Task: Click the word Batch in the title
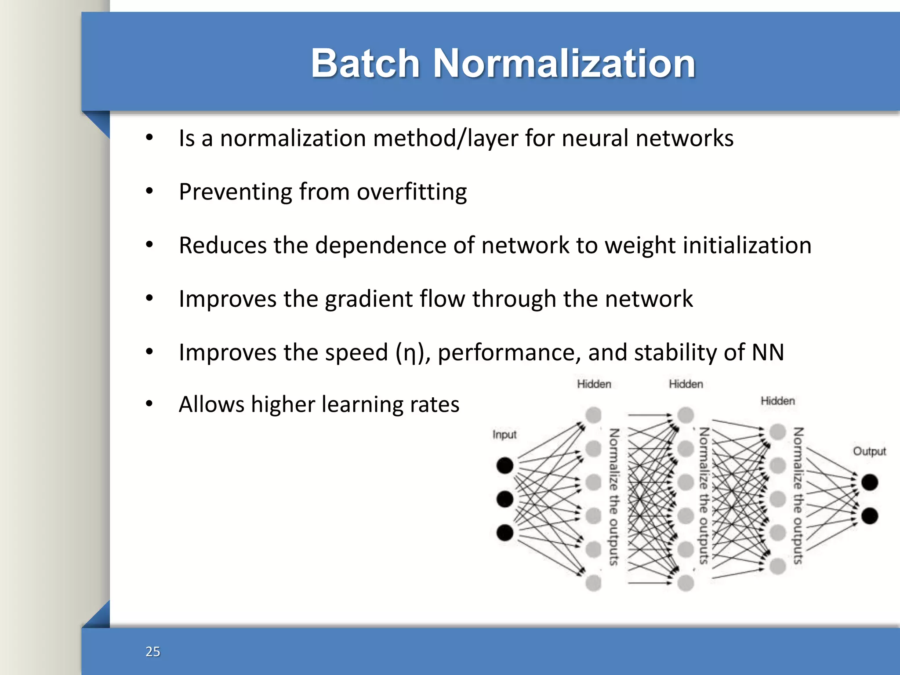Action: click(x=365, y=63)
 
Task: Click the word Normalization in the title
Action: click(x=564, y=63)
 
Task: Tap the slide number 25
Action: click(x=152, y=651)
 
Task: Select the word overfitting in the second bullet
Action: click(x=411, y=192)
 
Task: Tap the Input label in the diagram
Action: click(x=504, y=435)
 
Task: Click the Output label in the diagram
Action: click(x=869, y=451)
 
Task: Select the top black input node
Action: click(x=504, y=465)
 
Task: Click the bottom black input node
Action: click(x=504, y=533)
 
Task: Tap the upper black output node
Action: click(x=869, y=483)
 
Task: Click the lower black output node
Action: click(x=869, y=516)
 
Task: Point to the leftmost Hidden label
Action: click(x=594, y=384)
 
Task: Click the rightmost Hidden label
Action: click(x=777, y=401)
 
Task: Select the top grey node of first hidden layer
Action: click(x=593, y=415)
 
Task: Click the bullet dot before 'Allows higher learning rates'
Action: click(x=149, y=403)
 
